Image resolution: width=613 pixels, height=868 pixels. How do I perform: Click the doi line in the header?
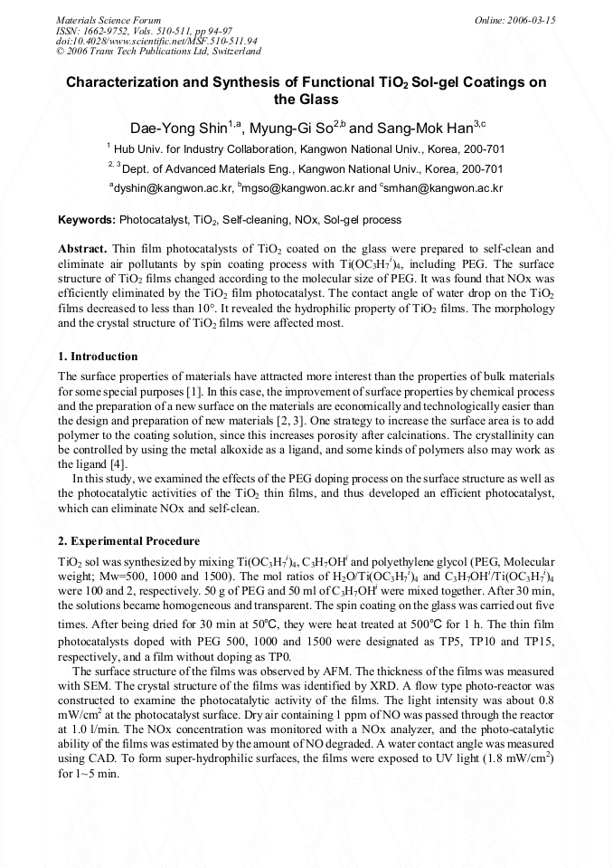tap(156, 42)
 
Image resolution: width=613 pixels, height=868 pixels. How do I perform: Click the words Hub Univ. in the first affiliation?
tap(136, 148)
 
